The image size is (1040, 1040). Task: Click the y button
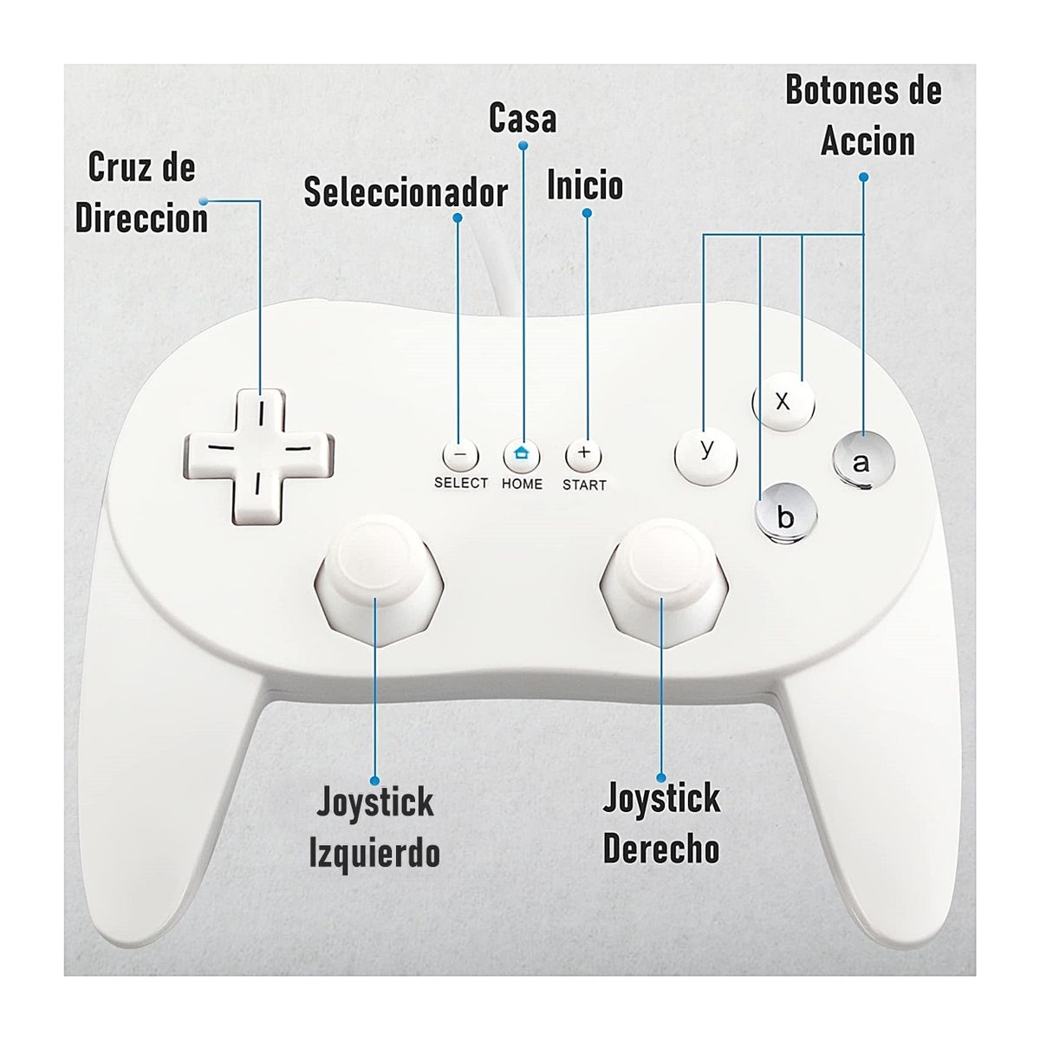(706, 453)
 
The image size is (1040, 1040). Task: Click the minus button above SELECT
(460, 454)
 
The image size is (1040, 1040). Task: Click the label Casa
(523, 118)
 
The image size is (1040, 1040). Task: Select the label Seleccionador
(406, 192)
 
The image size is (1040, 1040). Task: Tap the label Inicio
(585, 185)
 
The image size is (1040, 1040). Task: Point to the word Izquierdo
(374, 852)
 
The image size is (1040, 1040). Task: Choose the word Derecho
(661, 848)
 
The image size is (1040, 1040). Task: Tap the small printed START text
(584, 484)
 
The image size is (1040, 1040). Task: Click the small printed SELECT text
(461, 483)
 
